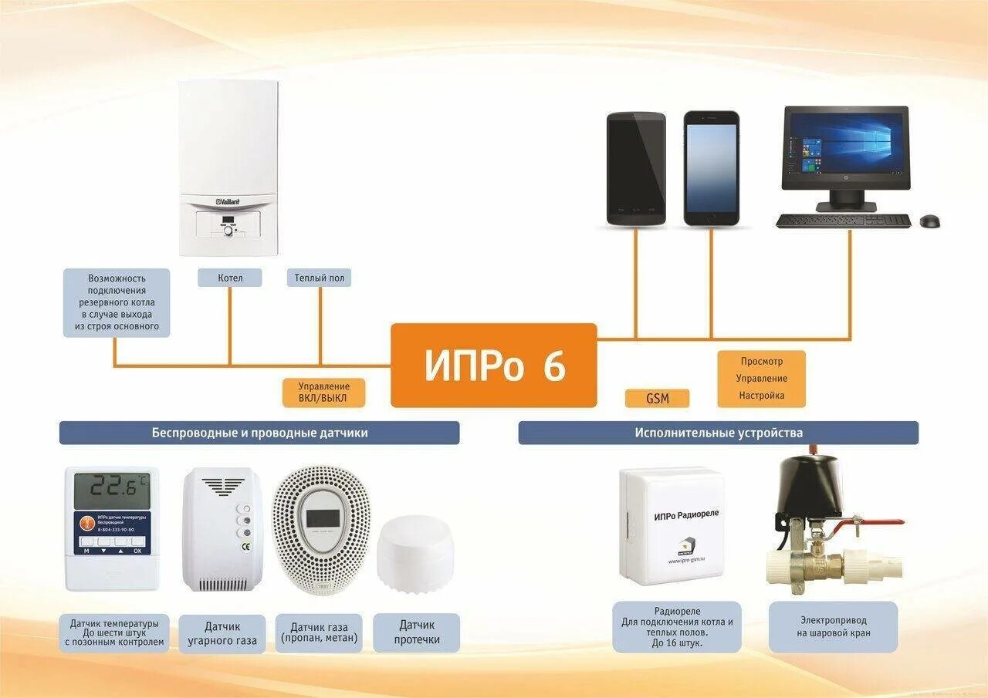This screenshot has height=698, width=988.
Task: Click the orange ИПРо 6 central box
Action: click(493, 366)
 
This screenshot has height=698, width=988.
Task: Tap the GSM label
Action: click(657, 399)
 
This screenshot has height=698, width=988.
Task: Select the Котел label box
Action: click(230, 278)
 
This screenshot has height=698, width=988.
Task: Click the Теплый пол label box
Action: click(320, 278)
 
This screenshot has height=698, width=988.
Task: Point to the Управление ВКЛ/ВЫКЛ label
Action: click(324, 393)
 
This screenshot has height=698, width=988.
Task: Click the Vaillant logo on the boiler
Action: click(228, 201)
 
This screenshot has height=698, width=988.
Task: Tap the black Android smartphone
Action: click(635, 168)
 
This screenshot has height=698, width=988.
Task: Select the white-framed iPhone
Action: click(711, 168)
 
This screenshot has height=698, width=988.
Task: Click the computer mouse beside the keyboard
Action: click(929, 221)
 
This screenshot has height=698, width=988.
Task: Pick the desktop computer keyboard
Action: click(844, 221)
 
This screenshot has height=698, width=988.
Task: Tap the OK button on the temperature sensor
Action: click(137, 551)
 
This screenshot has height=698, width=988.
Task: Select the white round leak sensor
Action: click(415, 553)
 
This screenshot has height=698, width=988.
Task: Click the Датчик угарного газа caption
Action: click(222, 633)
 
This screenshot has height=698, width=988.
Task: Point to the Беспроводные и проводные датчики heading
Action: click(259, 433)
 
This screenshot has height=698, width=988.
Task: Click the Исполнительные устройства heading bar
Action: click(718, 433)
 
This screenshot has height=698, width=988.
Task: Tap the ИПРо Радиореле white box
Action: click(672, 522)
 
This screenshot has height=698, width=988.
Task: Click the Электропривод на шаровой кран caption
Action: click(833, 626)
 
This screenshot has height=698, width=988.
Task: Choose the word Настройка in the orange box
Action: click(761, 396)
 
